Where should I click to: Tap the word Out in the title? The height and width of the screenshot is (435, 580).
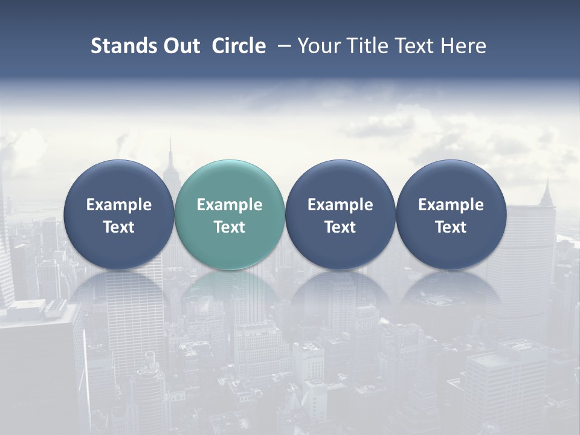(x=180, y=46)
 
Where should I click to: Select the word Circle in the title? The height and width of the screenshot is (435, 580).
(x=239, y=46)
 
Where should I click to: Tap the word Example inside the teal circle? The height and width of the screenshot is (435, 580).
(x=230, y=205)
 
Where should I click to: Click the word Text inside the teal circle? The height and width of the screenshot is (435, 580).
(x=230, y=227)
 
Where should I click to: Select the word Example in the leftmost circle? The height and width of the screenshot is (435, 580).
(x=118, y=205)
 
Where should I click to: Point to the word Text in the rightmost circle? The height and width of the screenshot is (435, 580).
(x=451, y=227)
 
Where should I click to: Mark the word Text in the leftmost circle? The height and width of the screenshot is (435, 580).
(x=118, y=227)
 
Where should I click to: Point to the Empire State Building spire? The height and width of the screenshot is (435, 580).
(x=170, y=151)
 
